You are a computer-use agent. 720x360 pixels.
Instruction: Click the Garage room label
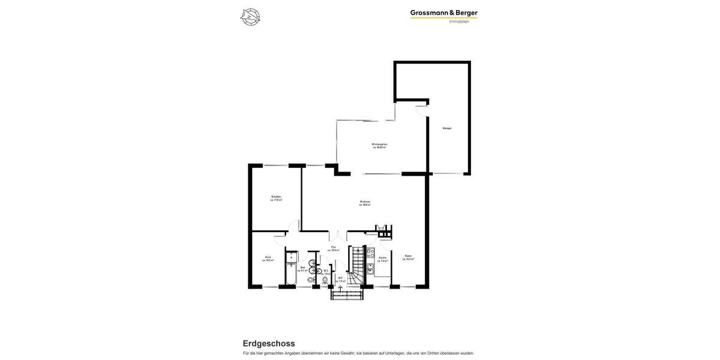click(447, 128)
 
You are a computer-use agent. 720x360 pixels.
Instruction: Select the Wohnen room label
click(365, 202)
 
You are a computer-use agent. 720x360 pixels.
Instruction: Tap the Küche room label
click(383, 259)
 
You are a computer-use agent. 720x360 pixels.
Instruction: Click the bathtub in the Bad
click(291, 275)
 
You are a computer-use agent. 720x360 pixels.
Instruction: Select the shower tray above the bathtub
click(291, 256)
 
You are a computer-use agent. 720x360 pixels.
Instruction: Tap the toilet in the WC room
click(325, 280)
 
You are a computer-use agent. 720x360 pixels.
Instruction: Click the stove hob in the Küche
click(371, 253)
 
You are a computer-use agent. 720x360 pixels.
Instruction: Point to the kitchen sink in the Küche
click(371, 269)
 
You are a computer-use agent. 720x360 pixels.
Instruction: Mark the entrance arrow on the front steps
click(341, 289)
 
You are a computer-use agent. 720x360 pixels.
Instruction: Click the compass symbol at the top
click(250, 17)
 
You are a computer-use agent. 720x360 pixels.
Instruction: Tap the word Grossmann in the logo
click(428, 13)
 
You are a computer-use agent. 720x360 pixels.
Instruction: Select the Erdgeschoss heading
click(269, 343)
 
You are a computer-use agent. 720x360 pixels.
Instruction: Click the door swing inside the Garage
click(421, 110)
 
